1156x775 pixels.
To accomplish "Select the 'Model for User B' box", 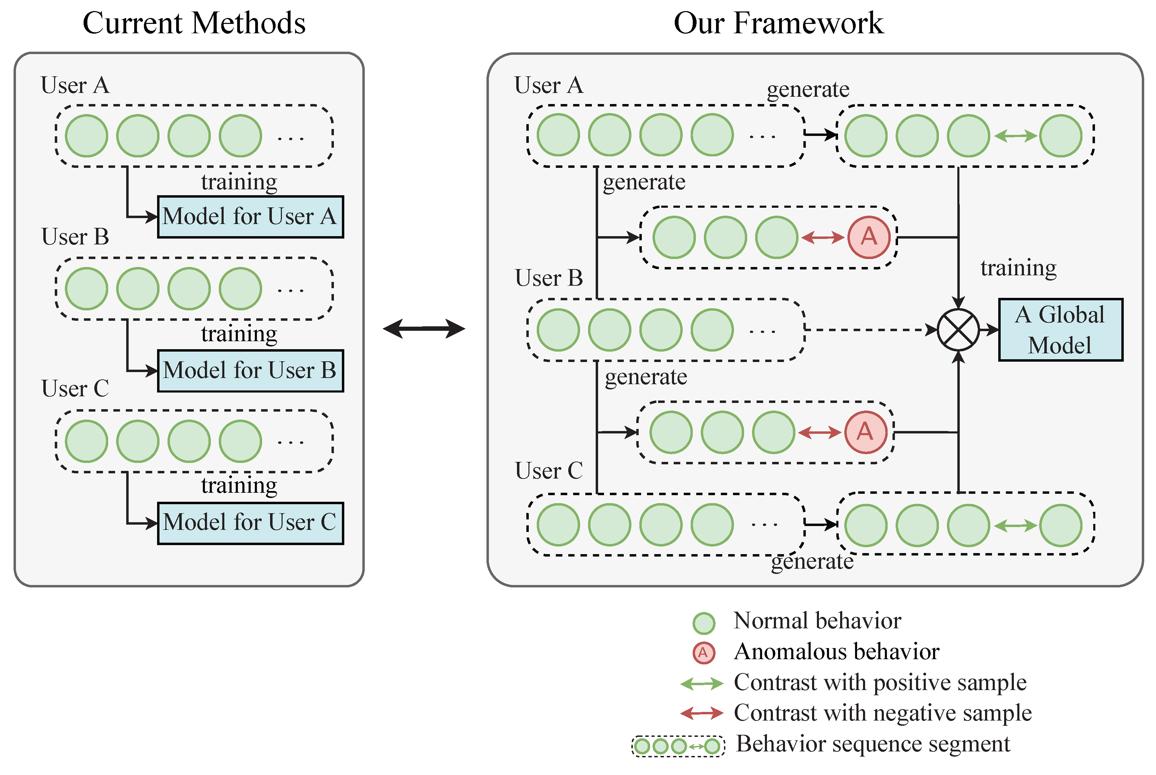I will tap(250, 371).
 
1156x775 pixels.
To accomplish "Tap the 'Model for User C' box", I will tap(250, 523).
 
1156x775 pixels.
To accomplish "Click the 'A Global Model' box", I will tap(1060, 330).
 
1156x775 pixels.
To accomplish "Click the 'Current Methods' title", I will tap(194, 23).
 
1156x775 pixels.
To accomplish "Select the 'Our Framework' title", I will tap(778, 23).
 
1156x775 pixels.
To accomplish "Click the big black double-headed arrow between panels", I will tap(424, 329).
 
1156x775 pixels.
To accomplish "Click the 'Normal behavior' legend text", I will tap(817, 621).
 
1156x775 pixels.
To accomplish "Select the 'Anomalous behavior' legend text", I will tap(836, 652).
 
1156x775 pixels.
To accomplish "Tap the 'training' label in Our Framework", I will tap(1018, 268).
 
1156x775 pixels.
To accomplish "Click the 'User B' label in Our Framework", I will tap(549, 278).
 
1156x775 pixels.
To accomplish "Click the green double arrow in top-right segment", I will tap(1015, 136).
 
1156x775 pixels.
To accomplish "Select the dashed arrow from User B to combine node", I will tap(870, 330).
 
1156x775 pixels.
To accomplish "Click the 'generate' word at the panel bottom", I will tap(811, 561).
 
